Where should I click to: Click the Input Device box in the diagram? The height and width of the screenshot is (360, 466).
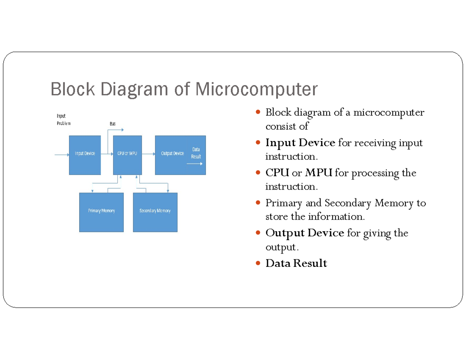click(x=85, y=155)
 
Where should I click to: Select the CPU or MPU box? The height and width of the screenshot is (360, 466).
click(x=127, y=155)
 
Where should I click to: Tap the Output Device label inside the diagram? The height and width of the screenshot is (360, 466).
click(x=172, y=153)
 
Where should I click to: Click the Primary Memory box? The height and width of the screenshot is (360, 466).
click(x=101, y=212)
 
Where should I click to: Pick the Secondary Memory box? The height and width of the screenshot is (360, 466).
click(x=155, y=212)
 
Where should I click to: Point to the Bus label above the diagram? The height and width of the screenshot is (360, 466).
click(x=113, y=123)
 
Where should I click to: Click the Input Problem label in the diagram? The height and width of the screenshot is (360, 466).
click(x=63, y=119)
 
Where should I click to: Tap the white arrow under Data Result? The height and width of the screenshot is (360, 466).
click(x=195, y=164)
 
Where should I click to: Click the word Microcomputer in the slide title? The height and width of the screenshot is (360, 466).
click(x=256, y=89)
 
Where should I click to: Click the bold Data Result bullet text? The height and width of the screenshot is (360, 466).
click(x=296, y=263)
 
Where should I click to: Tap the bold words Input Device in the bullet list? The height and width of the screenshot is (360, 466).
click(x=300, y=143)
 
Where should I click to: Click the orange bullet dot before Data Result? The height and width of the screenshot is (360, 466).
click(x=259, y=263)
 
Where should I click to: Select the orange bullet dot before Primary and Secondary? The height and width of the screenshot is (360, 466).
click(x=259, y=203)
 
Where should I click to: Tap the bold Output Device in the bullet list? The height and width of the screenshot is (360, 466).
click(x=304, y=233)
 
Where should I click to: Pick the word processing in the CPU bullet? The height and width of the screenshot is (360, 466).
click(x=375, y=173)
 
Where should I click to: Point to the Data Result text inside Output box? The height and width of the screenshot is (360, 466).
click(x=196, y=153)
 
